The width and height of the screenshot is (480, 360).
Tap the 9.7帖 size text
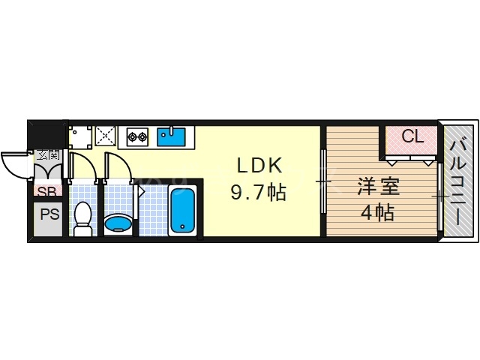[256, 193]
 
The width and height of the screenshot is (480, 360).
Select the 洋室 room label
[377, 185]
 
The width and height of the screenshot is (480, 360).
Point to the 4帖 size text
[377, 213]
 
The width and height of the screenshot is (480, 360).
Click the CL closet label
[412, 136]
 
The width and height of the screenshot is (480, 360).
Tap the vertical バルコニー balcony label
[459, 182]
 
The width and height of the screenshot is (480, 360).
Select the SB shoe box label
[47, 190]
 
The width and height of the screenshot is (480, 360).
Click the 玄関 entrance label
[49, 155]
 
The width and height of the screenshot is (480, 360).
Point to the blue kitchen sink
[171, 136]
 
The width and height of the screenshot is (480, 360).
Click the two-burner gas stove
[137, 136]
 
